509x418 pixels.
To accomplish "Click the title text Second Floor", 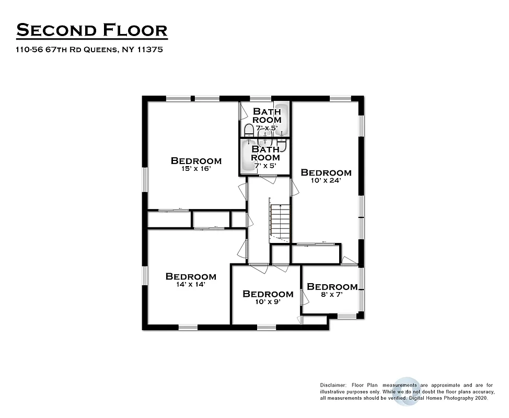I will tap(92, 30).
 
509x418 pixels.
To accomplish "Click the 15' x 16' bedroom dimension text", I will tap(196, 169).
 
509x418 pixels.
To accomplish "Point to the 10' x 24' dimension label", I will tap(326, 180).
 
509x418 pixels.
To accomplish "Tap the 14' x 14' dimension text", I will tap(190, 285).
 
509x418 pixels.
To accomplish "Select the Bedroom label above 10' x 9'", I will tap(268, 294).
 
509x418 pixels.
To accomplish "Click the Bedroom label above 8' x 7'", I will tap(332, 287).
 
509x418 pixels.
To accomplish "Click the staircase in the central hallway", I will tap(280, 220).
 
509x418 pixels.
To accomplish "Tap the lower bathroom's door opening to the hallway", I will tap(268, 179).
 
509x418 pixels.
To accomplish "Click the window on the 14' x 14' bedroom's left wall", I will tap(145, 276).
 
